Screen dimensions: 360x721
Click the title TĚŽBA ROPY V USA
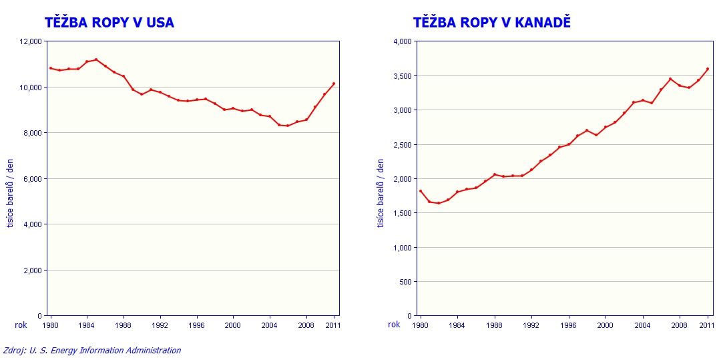tap(109, 23)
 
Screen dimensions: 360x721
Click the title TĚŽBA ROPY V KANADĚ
tap(492, 23)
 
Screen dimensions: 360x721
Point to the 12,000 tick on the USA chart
tap(31, 41)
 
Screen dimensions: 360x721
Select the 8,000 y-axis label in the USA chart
tap(32, 133)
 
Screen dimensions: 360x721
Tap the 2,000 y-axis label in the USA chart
tap(32, 271)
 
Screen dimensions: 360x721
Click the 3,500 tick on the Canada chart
tap(402, 76)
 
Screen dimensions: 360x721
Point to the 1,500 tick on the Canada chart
tap(402, 213)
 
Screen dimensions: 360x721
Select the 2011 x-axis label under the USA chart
tap(333, 325)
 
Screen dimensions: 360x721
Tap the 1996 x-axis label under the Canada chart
tap(567, 325)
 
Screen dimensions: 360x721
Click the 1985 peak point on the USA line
tap(96, 59)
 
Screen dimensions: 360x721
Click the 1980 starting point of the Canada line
tap(420, 191)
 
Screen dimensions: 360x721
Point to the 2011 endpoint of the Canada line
tap(708, 69)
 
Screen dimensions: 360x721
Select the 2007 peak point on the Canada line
tap(670, 79)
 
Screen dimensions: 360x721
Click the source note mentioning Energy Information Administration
tap(92, 350)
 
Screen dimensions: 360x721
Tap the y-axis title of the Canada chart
tap(381, 193)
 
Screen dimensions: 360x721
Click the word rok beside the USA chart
tap(21, 325)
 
